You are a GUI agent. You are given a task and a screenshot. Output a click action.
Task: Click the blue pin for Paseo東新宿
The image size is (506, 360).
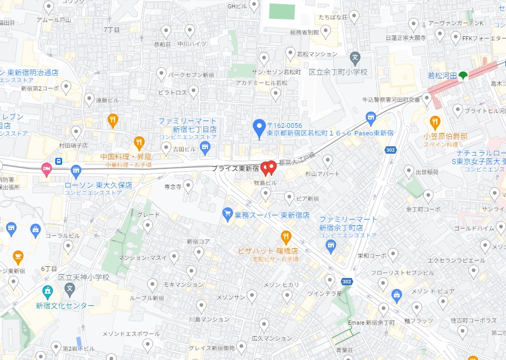259,127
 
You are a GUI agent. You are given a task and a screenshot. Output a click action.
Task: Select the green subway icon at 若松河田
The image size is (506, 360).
463,76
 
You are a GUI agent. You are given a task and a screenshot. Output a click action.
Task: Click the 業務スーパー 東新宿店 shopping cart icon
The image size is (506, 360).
227,213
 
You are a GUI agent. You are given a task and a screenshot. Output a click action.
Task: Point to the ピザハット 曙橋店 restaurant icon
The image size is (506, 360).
286,236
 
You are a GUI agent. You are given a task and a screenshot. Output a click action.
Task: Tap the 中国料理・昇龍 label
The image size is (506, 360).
127,156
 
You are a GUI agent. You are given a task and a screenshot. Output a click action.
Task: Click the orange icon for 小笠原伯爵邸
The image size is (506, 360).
435,123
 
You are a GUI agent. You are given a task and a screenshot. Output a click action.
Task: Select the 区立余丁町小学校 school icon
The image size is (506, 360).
355,57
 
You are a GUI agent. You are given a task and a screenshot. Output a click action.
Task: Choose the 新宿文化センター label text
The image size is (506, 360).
65,305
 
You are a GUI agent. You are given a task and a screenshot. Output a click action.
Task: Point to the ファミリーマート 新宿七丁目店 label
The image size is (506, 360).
187,125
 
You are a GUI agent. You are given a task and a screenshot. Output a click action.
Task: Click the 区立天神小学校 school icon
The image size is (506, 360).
69,288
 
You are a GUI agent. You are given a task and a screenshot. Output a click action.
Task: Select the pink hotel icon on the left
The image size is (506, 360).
47,169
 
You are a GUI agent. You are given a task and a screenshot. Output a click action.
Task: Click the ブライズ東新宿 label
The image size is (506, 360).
235,169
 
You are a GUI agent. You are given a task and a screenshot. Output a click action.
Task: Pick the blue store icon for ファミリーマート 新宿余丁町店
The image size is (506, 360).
331,244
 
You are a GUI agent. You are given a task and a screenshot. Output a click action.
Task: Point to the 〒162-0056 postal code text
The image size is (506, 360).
284,126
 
